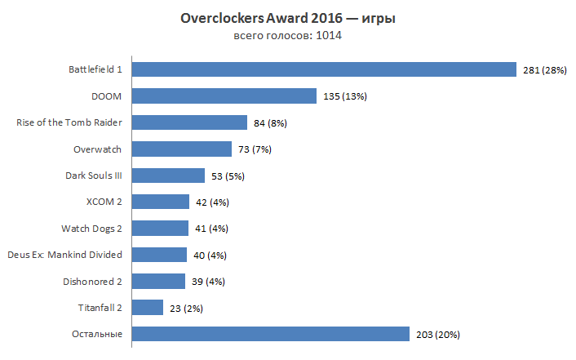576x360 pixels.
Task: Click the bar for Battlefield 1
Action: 324,70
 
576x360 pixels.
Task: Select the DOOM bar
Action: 224,96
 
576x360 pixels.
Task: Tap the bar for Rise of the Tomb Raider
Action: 189,122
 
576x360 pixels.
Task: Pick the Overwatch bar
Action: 182,149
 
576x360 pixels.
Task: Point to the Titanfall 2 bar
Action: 148,307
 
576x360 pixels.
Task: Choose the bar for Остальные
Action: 270,334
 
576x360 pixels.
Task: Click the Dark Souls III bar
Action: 168,176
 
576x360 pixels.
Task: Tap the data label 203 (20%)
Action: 437,334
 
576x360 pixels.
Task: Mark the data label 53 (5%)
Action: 228,176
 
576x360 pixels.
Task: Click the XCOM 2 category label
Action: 104,202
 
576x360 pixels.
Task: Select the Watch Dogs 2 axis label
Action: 91,228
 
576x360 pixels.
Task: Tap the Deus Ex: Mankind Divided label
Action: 64,255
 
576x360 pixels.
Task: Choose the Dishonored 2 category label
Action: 92,281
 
